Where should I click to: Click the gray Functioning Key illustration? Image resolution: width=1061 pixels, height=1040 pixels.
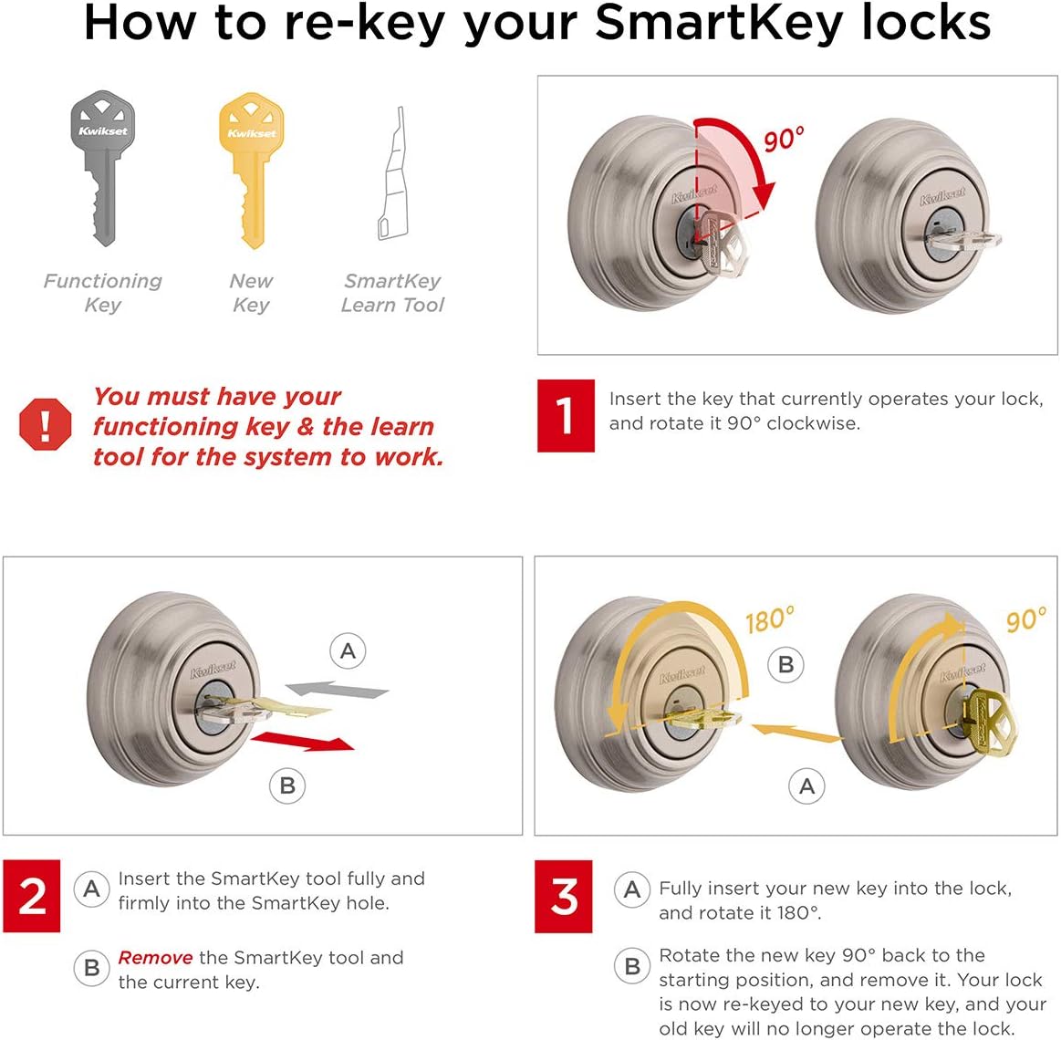click(x=102, y=169)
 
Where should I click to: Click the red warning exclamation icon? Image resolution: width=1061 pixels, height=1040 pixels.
click(x=45, y=424)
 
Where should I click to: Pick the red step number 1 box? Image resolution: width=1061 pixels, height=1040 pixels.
click(x=566, y=416)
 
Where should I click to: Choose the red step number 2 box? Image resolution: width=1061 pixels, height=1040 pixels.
click(x=32, y=896)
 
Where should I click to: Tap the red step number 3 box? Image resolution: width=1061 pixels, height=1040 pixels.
click(x=564, y=896)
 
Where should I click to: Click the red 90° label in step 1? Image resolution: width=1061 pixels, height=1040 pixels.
click(x=784, y=140)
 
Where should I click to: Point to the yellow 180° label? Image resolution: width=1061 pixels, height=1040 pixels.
click(x=769, y=620)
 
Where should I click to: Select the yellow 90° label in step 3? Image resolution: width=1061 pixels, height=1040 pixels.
click(x=1026, y=620)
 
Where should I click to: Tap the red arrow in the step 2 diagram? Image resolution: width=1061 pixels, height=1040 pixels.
click(x=303, y=741)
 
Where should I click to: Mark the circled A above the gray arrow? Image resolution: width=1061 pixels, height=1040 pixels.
click(x=348, y=651)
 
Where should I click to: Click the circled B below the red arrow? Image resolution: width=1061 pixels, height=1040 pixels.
click(x=287, y=785)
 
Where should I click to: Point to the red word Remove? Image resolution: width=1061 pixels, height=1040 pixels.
click(x=155, y=958)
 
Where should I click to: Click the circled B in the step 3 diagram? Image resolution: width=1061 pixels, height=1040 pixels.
click(x=785, y=665)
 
